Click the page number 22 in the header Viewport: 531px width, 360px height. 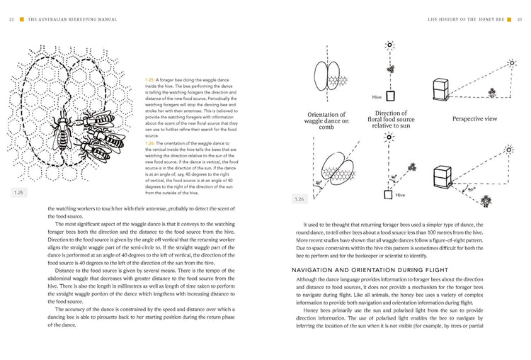click(11, 19)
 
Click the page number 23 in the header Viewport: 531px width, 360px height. click(519, 19)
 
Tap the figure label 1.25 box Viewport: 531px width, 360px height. click(19, 191)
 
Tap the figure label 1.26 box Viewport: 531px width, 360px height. click(301, 200)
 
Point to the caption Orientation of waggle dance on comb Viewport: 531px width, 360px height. click(327, 122)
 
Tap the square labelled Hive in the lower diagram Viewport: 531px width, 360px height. click(389, 193)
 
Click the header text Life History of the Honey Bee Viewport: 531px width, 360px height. click(462, 19)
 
